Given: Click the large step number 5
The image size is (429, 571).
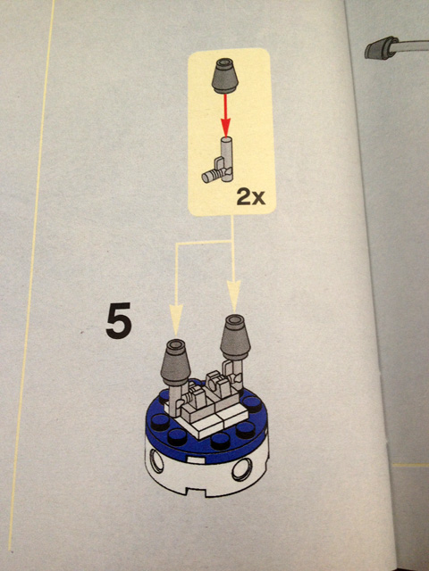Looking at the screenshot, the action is point(119,321).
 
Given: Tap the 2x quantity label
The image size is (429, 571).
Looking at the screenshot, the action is point(250,197).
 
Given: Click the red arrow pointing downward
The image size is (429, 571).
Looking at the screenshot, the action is point(225,115).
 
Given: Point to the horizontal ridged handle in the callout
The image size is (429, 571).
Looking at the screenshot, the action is point(212,176).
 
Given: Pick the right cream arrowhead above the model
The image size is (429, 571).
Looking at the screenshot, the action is point(234,296).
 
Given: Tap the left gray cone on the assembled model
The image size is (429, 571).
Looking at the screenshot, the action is point(176,363).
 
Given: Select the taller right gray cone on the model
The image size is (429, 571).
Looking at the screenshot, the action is point(235,337).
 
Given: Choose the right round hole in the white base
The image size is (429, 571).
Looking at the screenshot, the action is point(242,468).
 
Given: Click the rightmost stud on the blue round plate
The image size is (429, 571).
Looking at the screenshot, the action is point(252,404).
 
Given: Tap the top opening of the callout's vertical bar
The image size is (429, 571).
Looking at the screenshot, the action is point(226,140).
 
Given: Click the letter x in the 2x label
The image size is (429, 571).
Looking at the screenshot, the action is point(258,199).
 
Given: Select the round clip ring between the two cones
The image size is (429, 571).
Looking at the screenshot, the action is point(214,381).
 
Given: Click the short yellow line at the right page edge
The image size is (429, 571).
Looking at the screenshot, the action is point(411,465).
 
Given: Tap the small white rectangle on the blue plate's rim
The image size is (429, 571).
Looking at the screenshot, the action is point(193,460).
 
